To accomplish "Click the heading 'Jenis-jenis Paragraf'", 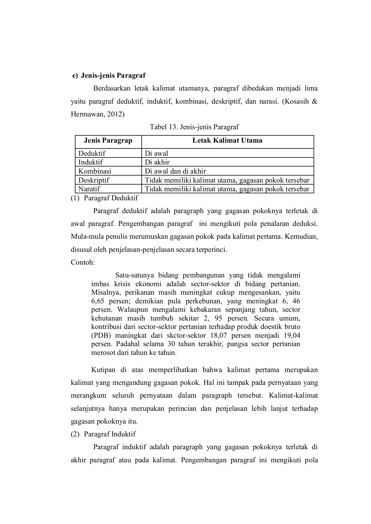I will (x=113, y=75).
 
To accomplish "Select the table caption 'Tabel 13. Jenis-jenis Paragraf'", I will (x=194, y=127).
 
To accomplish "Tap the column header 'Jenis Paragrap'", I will (x=108, y=141).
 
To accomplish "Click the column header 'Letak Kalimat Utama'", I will (x=227, y=141).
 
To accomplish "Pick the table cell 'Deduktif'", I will (x=92, y=153).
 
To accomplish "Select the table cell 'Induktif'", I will (x=90, y=162).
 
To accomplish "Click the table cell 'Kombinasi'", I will (x=95, y=171).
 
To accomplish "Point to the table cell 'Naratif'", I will (x=89, y=189).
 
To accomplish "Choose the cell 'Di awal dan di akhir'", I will (x=175, y=171).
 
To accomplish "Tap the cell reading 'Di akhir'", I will (x=157, y=162).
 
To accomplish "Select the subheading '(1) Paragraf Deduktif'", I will (x=104, y=198).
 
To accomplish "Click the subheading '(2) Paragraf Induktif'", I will (x=103, y=434).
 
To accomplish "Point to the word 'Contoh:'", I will (x=82, y=262).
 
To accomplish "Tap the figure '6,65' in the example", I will (x=98, y=301).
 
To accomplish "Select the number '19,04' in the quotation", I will (x=292, y=335).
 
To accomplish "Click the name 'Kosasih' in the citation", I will (x=296, y=102).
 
